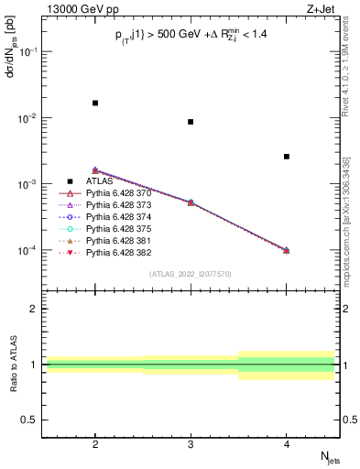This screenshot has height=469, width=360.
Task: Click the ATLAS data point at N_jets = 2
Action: pos(95,103)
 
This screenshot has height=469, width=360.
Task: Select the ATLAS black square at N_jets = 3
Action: pos(191,122)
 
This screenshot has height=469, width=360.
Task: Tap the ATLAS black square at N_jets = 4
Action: pos(287,157)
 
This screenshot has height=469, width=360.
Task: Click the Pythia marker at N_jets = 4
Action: pos(287,250)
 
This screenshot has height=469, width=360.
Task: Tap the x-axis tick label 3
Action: pos(191,442)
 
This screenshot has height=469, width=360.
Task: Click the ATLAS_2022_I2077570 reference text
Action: pos(191,274)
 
